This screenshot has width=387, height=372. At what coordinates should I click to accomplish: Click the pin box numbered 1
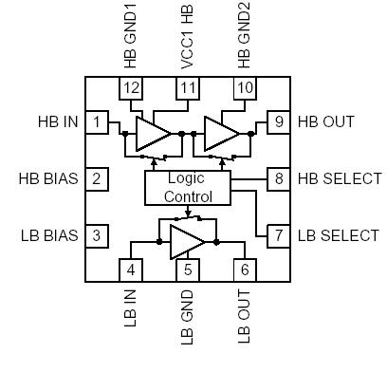[x=96, y=122]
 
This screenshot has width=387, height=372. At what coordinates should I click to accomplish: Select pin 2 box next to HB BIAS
[x=96, y=178]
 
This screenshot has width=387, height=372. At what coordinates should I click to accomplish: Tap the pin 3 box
[x=96, y=235]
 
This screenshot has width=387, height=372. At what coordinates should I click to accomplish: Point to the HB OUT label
[x=326, y=122]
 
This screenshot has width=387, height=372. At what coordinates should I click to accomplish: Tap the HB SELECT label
[x=339, y=178]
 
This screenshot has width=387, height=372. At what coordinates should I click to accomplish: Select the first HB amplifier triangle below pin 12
[x=150, y=133]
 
